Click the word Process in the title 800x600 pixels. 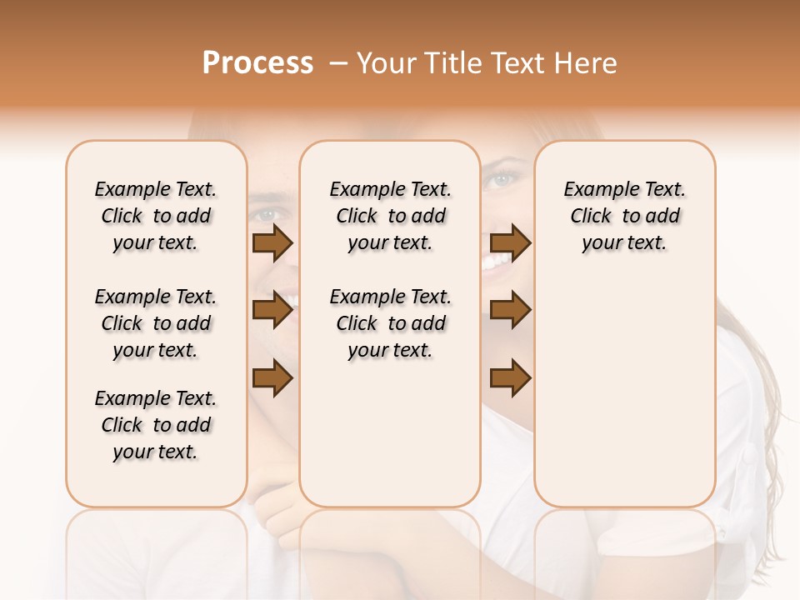pos(257,63)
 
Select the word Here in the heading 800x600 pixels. pos(587,63)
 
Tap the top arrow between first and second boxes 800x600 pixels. pos(272,243)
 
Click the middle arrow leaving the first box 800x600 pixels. pos(272,311)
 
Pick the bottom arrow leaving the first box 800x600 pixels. pos(272,378)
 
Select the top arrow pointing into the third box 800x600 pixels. pos(510,243)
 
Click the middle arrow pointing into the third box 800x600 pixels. pos(510,311)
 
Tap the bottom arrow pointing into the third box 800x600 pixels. pos(510,378)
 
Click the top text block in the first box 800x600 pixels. pos(156,216)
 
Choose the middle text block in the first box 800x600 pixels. pos(156,323)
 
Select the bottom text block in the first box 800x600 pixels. pos(156,425)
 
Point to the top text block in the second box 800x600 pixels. pos(390,216)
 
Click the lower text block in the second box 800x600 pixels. pos(390,323)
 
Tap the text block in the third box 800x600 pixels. pos(624,216)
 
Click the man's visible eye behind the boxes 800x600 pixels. pos(267,213)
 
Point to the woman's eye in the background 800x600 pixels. pos(501,179)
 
